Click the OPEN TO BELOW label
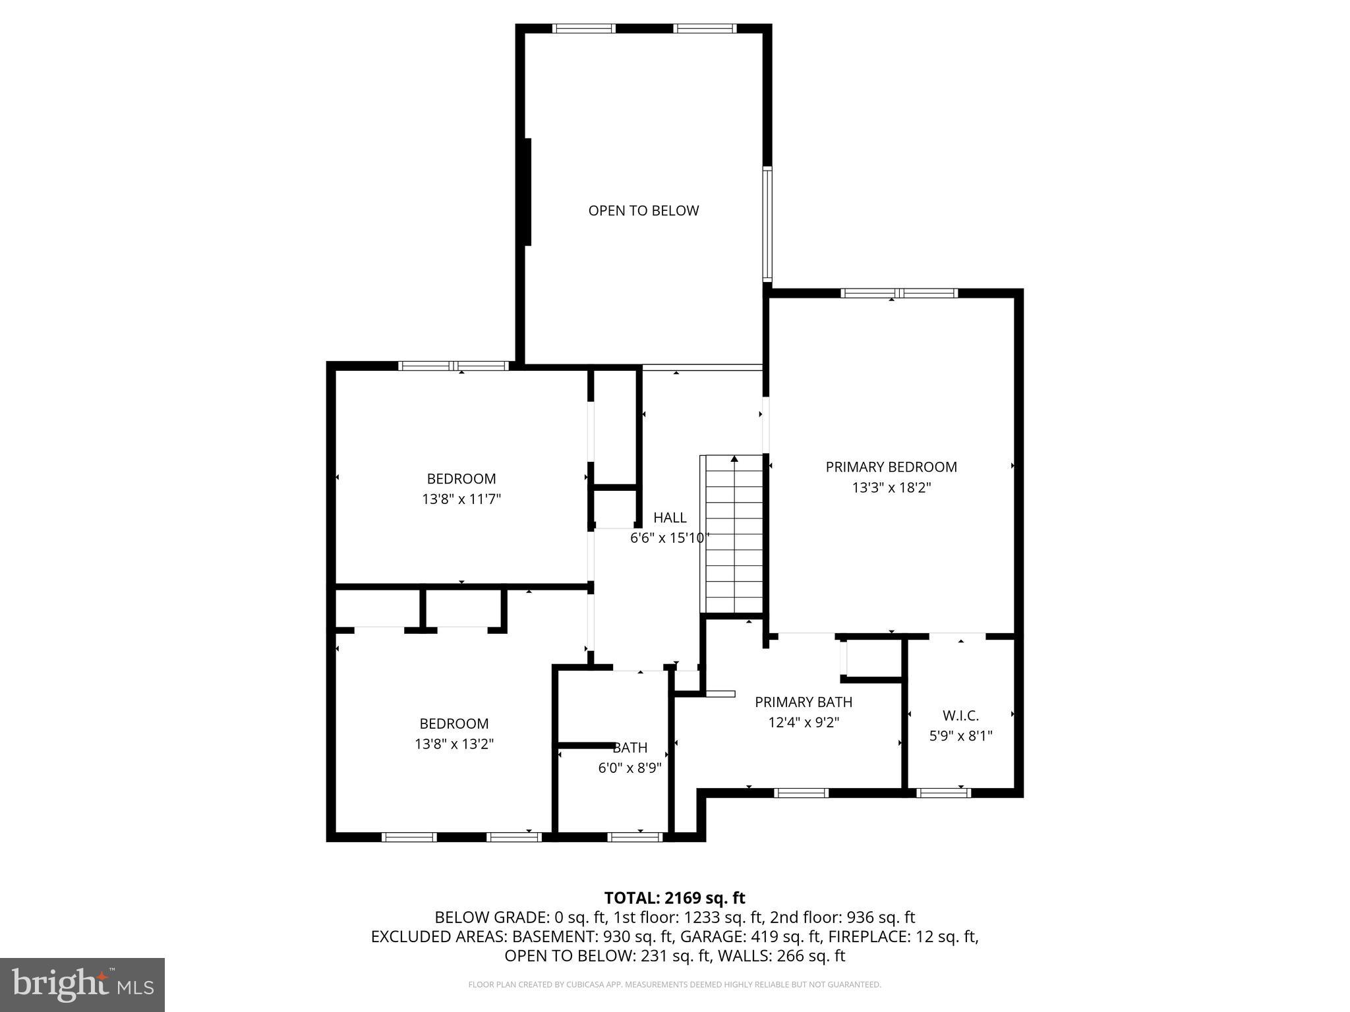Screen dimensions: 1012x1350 click(643, 211)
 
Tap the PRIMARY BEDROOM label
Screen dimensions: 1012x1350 click(891, 467)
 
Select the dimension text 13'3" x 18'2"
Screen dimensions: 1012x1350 click(891, 488)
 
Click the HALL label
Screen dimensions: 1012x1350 click(670, 518)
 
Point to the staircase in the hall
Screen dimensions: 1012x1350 click(734, 534)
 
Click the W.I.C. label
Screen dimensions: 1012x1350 click(960, 716)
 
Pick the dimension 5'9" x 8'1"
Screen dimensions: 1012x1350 click(960, 736)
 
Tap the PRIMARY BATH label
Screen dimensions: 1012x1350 click(804, 702)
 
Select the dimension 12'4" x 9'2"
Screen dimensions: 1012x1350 click(804, 723)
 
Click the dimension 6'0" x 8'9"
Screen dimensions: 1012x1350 click(630, 768)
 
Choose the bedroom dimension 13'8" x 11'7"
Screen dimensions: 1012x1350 click(461, 499)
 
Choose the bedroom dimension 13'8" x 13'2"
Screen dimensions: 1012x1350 click(454, 745)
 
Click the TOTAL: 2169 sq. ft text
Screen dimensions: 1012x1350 click(674, 898)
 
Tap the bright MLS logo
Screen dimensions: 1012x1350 click(82, 984)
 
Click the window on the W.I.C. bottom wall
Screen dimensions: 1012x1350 click(944, 793)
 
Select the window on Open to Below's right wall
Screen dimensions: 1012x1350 click(767, 224)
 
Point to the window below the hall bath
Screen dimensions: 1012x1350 click(634, 837)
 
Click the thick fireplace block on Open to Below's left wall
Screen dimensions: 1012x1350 click(527, 192)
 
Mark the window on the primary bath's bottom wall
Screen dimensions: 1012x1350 click(801, 793)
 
